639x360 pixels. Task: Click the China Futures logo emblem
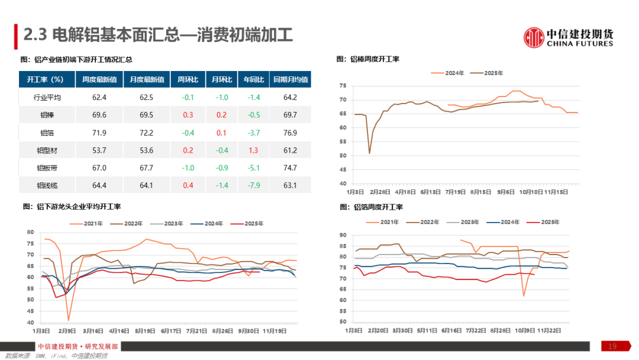[x=534, y=37]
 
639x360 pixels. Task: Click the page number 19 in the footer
[x=613, y=346]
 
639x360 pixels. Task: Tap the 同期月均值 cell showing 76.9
[x=290, y=133]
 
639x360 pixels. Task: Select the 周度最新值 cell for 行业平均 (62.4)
[x=99, y=97]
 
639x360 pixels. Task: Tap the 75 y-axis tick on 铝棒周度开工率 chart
[x=342, y=86]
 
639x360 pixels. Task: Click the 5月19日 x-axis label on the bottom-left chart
[x=145, y=331]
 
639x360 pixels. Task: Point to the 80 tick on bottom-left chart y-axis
[x=31, y=232]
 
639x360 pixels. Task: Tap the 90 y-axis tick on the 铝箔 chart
[x=343, y=235]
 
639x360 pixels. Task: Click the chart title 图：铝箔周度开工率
[x=372, y=207]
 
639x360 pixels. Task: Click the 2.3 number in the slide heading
[x=35, y=36]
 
